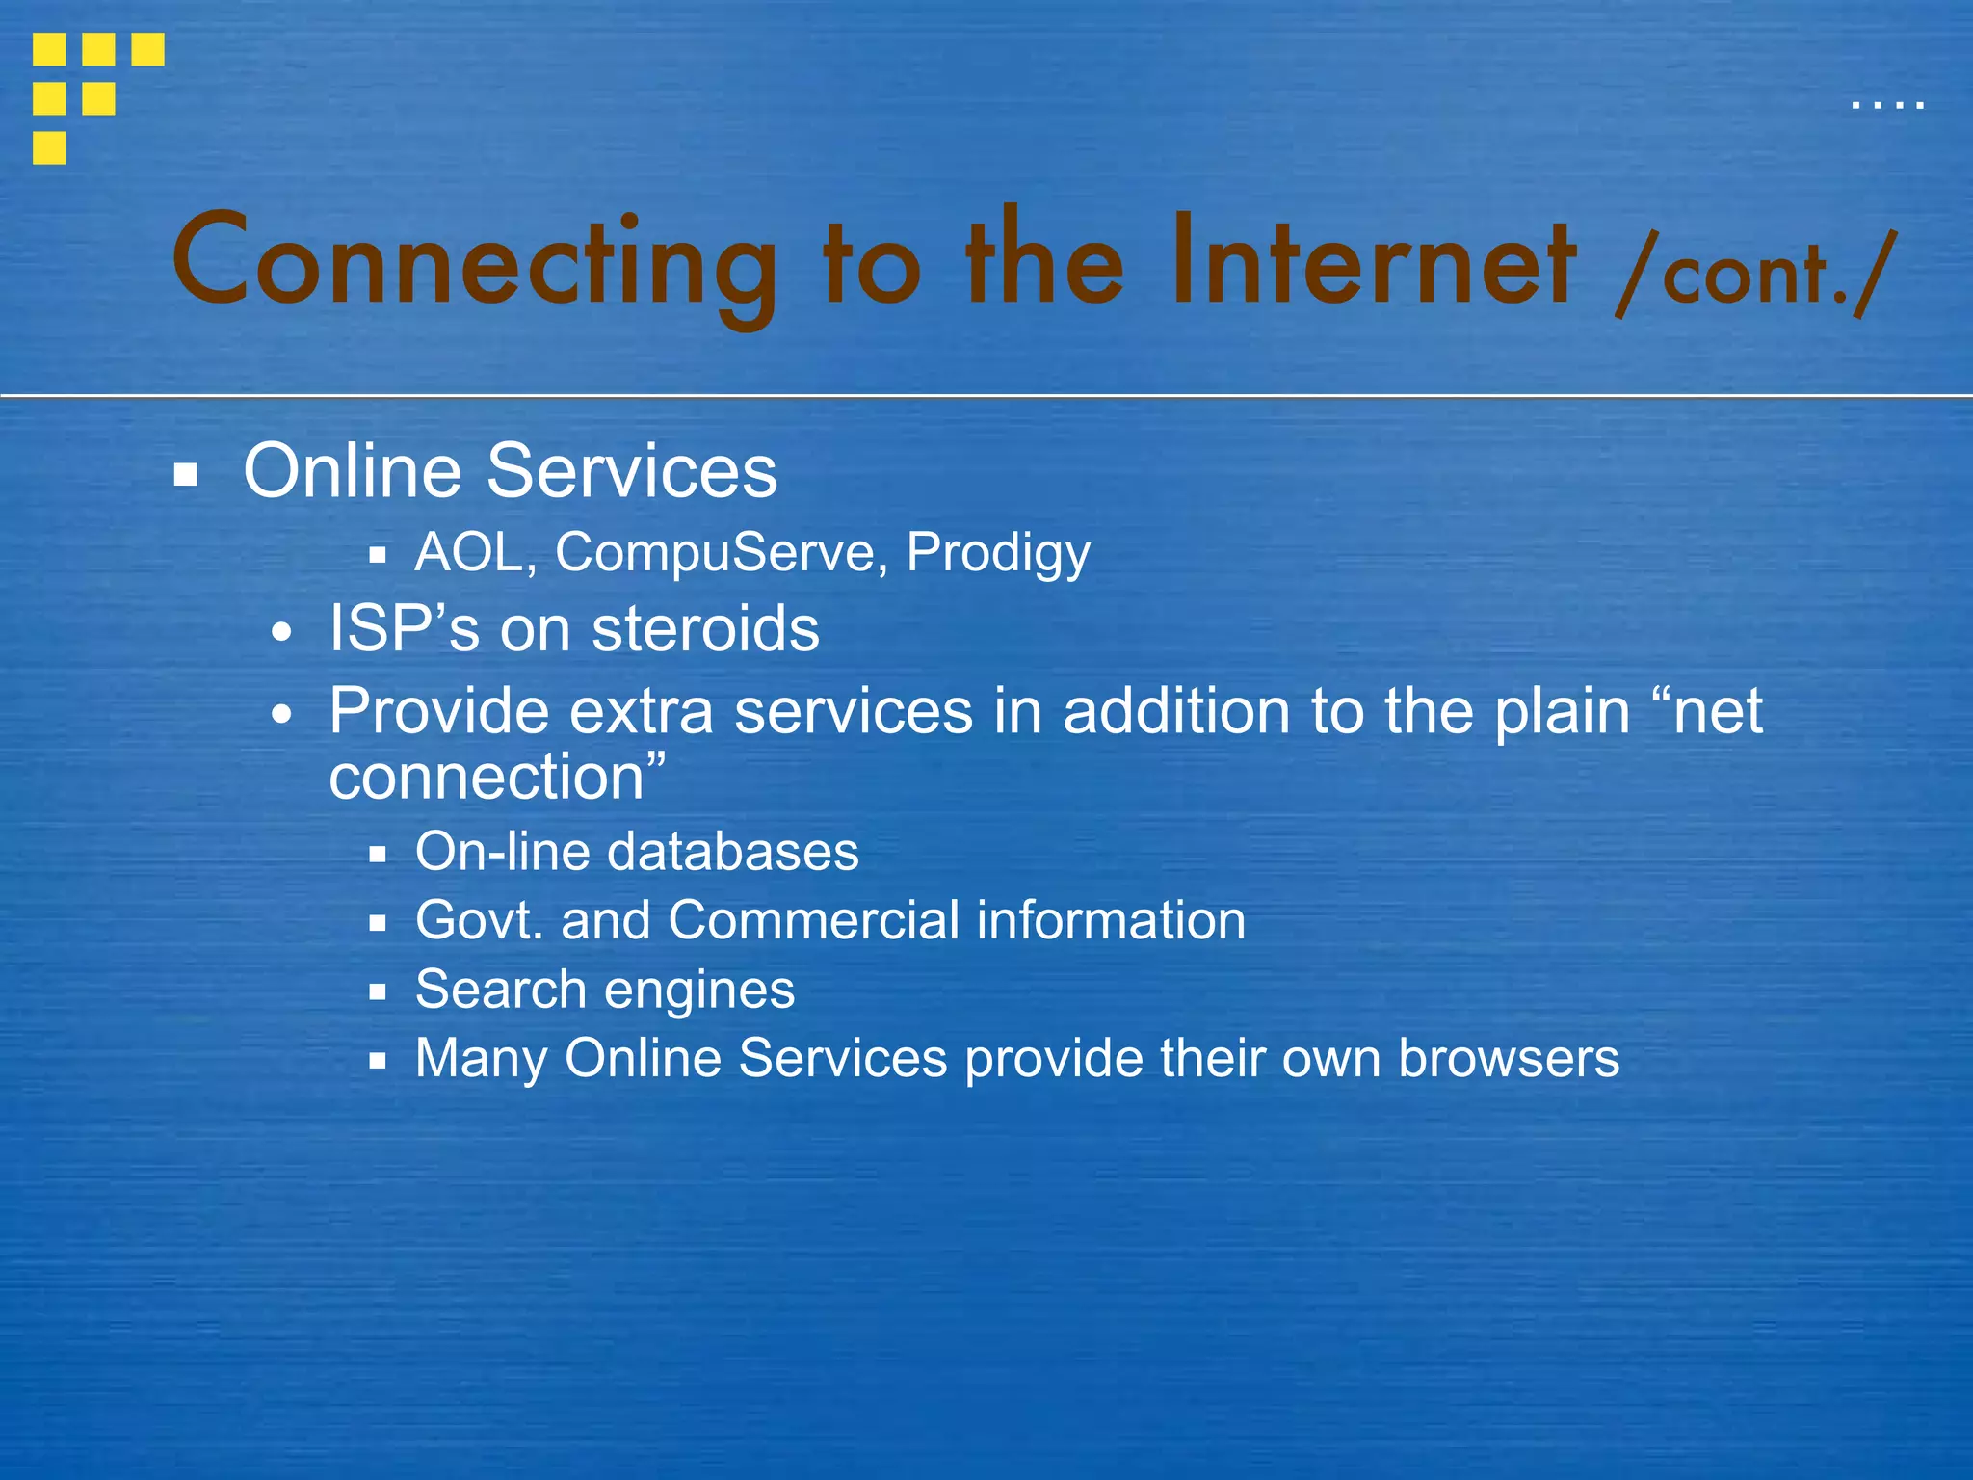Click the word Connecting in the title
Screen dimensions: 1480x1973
coord(474,262)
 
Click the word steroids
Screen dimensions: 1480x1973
coord(705,629)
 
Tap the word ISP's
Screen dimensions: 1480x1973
coord(404,629)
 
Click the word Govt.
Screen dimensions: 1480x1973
coord(479,920)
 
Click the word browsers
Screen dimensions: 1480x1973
coord(1509,1058)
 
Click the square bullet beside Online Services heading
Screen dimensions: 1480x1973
coord(186,474)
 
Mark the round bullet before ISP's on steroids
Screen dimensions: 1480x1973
coord(281,633)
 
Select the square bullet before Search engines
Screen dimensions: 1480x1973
coord(378,991)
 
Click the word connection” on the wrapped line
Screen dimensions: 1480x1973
coord(497,777)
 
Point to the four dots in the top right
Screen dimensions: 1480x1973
coord(1887,104)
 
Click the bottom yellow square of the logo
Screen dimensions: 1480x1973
coord(49,148)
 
